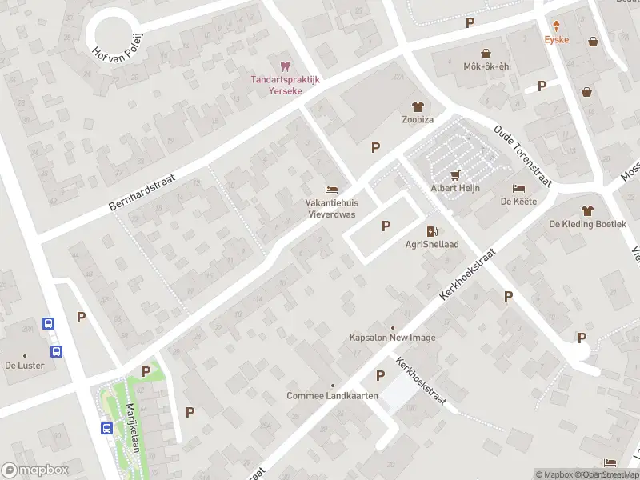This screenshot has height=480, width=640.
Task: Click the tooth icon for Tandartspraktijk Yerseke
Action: pos(282,66)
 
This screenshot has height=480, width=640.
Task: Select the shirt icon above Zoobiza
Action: pos(417,106)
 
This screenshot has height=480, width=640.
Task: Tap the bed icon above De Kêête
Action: pos(519,188)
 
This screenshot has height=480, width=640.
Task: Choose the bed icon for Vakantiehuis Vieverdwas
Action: pos(330,190)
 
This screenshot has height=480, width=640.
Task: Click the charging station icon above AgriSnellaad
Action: pos(432,231)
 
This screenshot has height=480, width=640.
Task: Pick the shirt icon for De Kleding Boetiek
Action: pos(587,210)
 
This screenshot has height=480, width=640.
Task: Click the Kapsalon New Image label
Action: pos(392,338)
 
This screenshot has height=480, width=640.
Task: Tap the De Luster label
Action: pos(23,365)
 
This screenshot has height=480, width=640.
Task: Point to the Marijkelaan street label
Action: pos(133,429)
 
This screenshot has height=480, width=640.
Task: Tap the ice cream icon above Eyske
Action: pos(556,26)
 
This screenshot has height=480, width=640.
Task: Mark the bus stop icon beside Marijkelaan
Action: pos(106,428)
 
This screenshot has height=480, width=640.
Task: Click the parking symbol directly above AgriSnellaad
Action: pos(386,226)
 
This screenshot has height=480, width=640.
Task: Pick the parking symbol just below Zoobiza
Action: pos(375,147)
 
